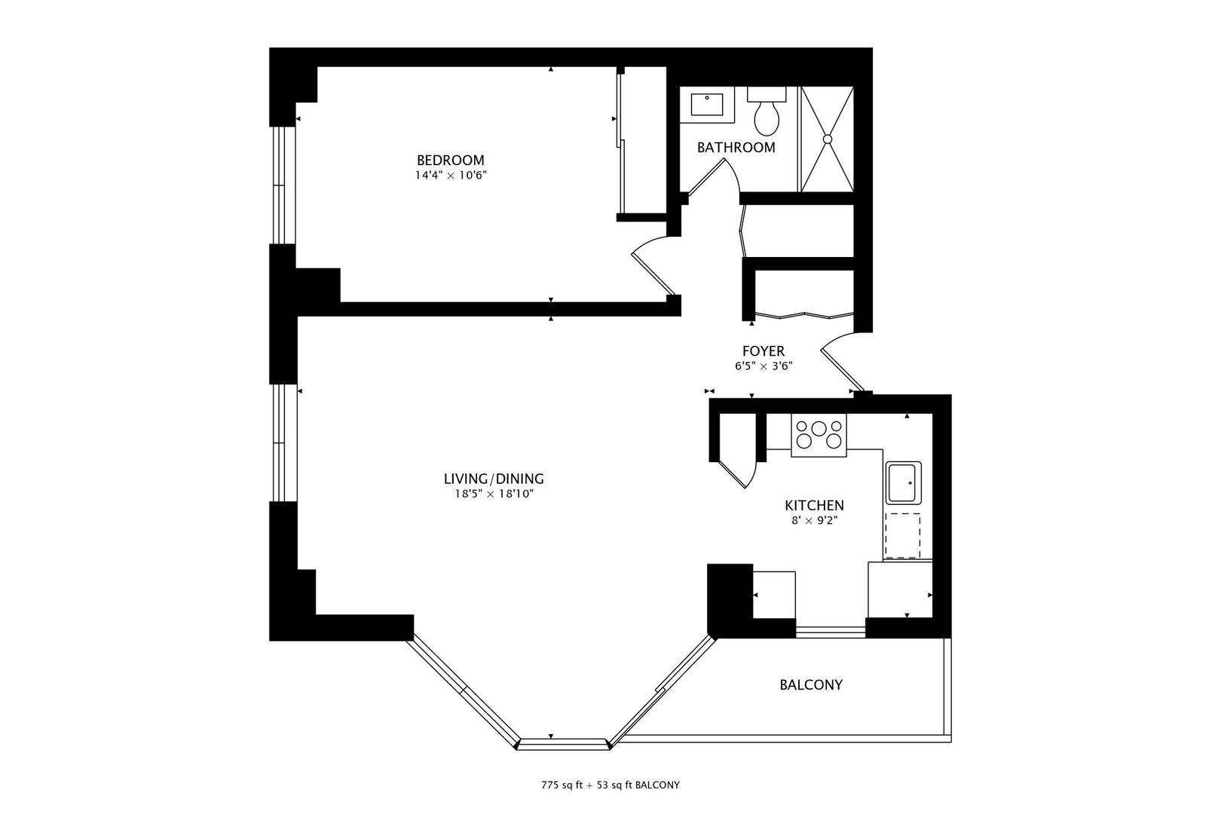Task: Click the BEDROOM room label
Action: point(450,161)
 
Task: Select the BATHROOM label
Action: point(736,148)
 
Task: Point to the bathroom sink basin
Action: point(707,105)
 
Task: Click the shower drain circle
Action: point(827,139)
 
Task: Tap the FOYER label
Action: point(763,351)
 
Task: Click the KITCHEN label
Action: point(814,506)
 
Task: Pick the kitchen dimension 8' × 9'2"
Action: point(814,520)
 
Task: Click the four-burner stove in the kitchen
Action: point(819,435)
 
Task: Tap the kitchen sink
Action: point(901,482)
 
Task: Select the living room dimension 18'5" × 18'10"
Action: point(493,494)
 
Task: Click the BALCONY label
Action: point(810,685)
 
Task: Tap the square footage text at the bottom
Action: point(610,785)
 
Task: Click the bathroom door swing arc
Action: point(712,178)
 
